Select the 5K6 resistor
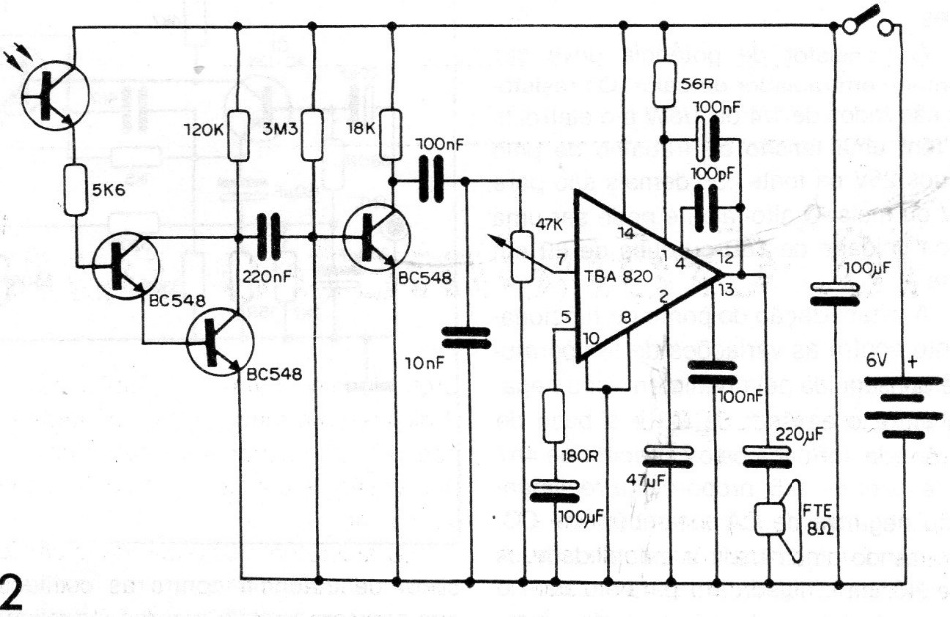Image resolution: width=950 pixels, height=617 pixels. click(76, 189)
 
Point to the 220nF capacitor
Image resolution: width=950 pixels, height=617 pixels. click(268, 236)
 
